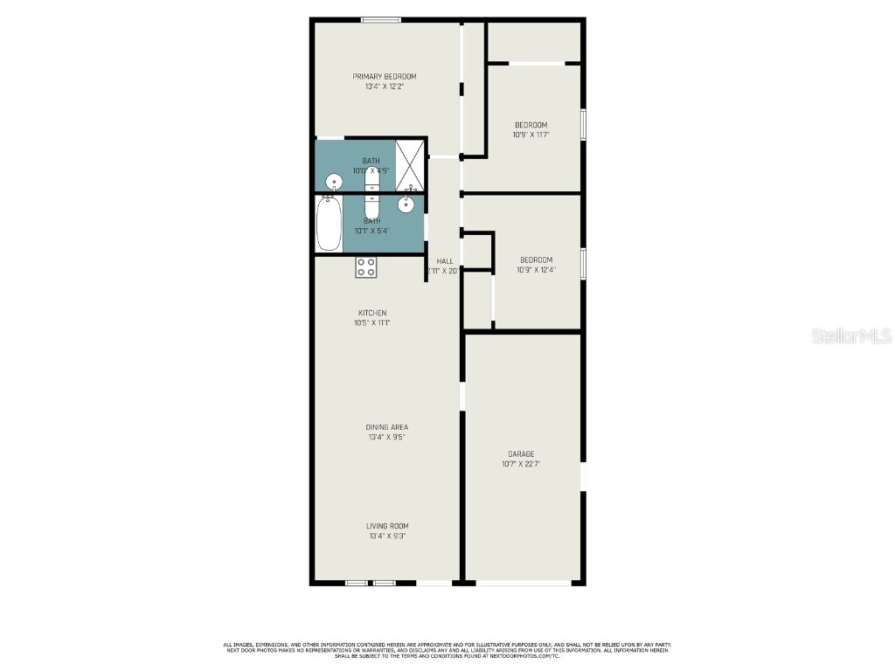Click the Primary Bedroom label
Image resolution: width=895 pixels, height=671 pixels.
tap(385, 77)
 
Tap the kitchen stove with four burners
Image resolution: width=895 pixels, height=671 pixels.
tap(366, 267)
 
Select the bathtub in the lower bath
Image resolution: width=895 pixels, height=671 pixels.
tap(329, 224)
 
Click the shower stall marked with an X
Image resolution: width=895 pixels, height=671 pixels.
tap(409, 164)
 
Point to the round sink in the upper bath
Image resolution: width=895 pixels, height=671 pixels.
tap(333, 182)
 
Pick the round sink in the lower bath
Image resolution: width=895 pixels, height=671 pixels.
tap(406, 204)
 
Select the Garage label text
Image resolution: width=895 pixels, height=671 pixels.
tap(521, 454)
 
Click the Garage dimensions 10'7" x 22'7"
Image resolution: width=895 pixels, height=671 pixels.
tap(521, 464)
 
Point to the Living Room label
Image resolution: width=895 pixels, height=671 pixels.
tap(387, 526)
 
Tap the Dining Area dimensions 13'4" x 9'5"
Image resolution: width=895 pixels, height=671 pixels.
tap(387, 437)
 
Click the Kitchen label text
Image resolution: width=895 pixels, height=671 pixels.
tap(372, 313)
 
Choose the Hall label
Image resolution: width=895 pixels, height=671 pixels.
tap(445, 261)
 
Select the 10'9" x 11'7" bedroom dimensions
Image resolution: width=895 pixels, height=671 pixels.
tap(530, 135)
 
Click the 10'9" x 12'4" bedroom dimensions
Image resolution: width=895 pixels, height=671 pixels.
tap(537, 270)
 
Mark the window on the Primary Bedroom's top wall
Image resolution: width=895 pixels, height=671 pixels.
tap(382, 20)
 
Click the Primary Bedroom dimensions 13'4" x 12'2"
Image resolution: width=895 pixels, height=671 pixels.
tap(385, 86)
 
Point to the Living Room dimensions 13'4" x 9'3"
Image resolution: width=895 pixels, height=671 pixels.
tap(387, 536)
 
